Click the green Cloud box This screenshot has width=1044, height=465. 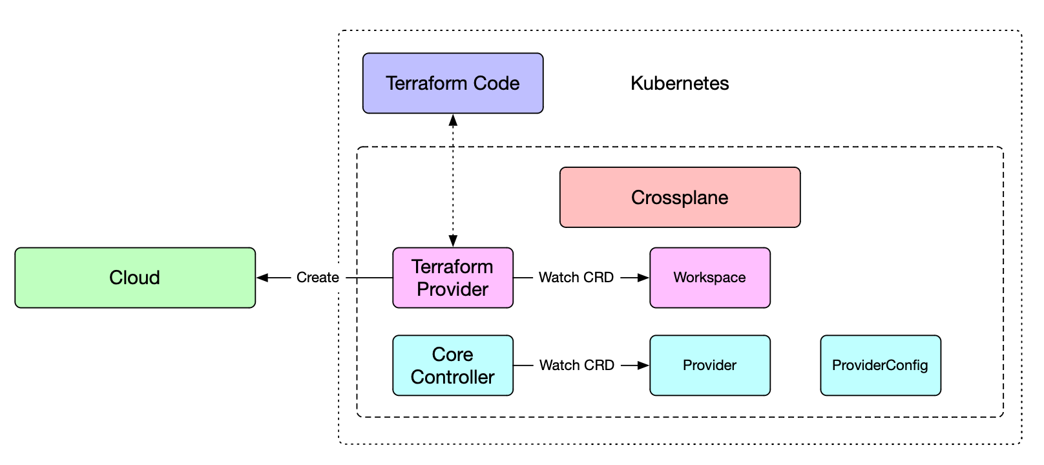135,278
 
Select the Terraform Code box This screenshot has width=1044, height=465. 453,83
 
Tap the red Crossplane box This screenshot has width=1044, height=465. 680,197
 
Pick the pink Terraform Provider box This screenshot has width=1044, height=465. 453,278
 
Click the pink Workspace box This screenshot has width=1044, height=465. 710,278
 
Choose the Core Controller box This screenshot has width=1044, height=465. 453,366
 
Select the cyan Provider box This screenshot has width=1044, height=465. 710,366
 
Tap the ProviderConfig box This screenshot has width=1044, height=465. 881,366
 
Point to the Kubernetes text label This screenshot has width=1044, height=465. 680,83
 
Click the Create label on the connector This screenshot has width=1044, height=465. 318,278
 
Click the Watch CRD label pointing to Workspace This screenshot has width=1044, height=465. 576,278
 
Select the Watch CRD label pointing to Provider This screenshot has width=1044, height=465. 576,366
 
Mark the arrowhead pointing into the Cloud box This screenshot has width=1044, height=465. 262,278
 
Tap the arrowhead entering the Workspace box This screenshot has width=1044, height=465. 643,278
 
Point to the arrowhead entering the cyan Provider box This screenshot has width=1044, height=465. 643,366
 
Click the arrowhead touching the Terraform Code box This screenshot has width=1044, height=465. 453,120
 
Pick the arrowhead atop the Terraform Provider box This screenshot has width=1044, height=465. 453,241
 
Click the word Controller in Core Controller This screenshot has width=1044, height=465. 453,377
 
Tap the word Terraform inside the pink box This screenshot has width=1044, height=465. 453,267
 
